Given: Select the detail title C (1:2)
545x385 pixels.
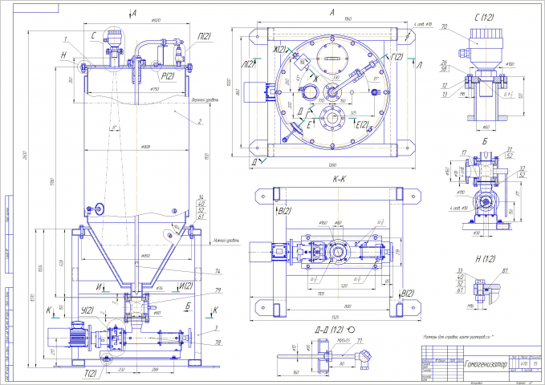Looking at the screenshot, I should coord(484,15).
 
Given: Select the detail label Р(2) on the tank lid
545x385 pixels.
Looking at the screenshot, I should coord(168,75).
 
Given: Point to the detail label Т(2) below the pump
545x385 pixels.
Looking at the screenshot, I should coord(90,373).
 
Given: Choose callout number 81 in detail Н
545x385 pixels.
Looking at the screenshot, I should coord(505,272).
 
